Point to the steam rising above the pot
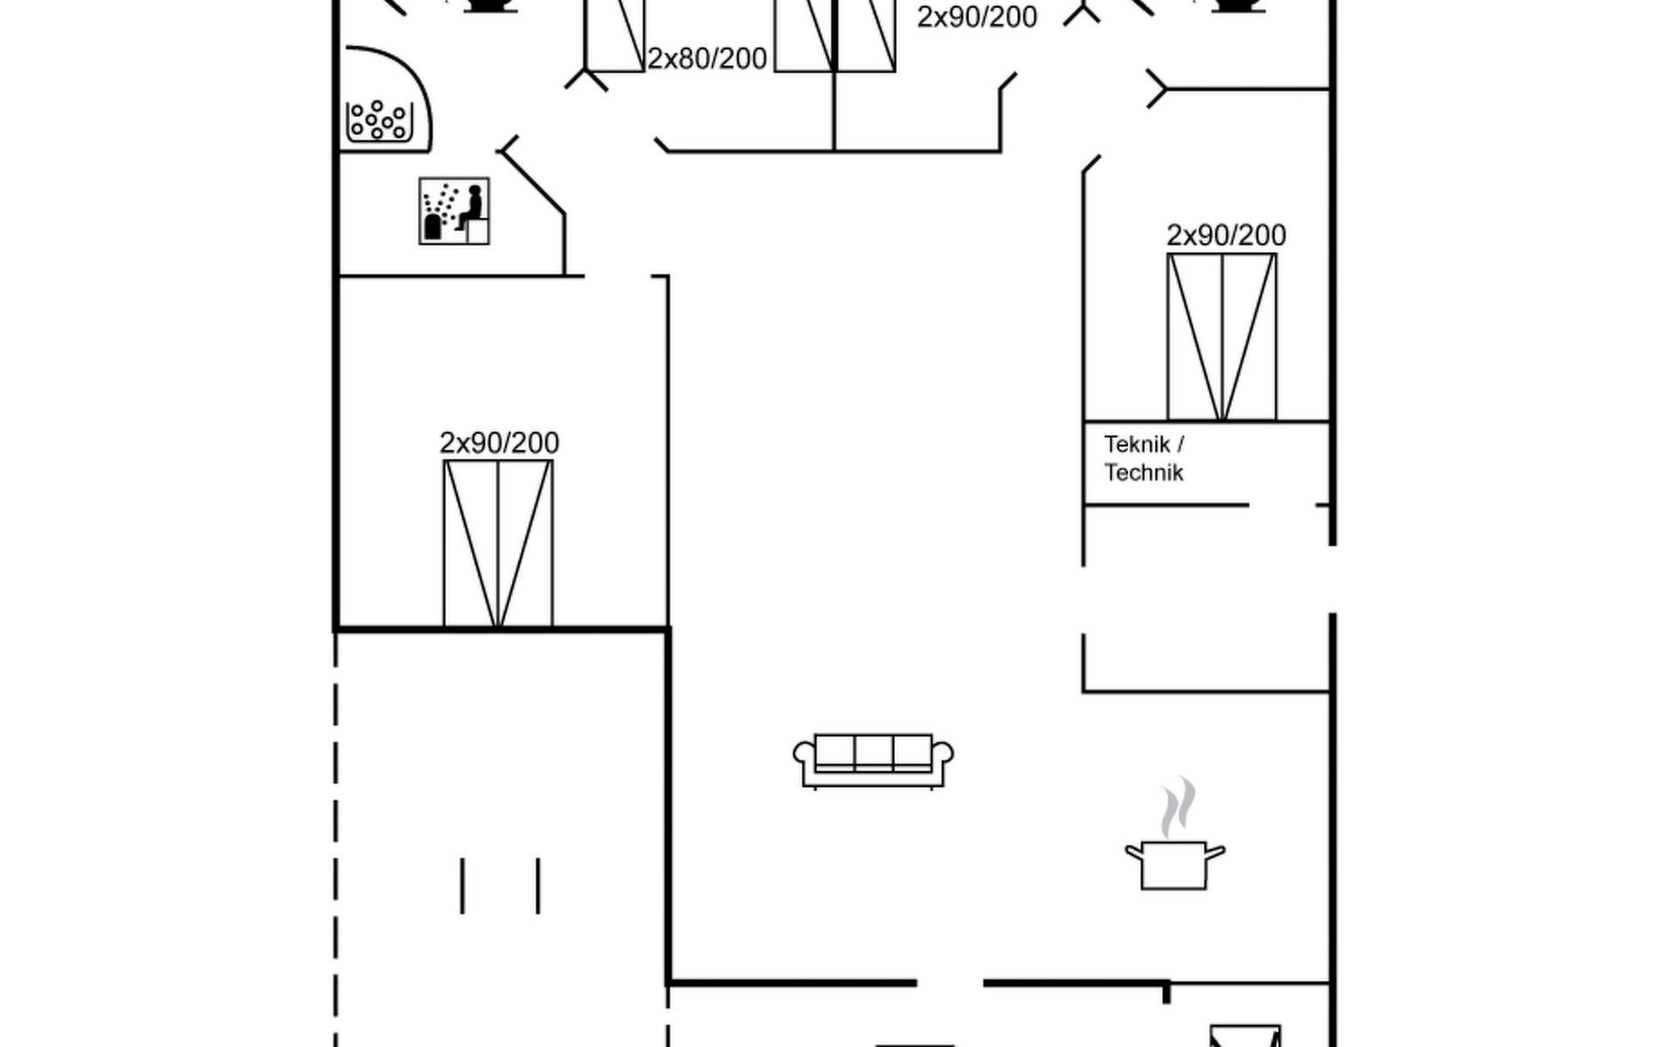click(x=1177, y=807)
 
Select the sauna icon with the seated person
click(x=454, y=211)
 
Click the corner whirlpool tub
click(x=384, y=100)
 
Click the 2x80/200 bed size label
click(x=707, y=58)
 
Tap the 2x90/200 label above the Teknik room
click(x=1226, y=236)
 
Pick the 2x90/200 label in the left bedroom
click(x=499, y=443)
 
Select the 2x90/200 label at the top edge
click(x=976, y=17)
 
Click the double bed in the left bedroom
click(x=498, y=543)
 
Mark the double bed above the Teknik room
click(x=1221, y=337)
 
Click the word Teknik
click(x=1137, y=445)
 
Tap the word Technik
click(x=1144, y=473)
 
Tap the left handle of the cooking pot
click(x=1133, y=851)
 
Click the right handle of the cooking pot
click(x=1215, y=851)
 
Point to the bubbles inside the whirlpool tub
click(x=379, y=120)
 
